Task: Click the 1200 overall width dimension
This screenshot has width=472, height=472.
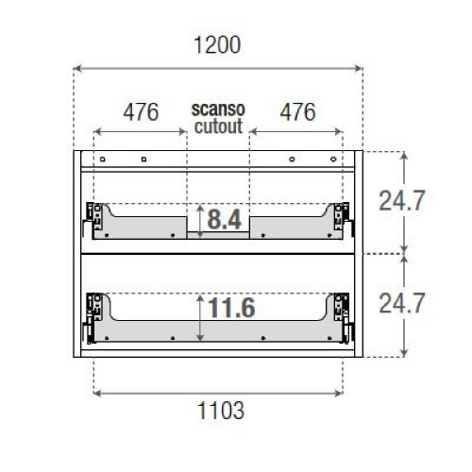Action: pos(218,44)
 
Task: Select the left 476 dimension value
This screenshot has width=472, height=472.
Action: pos(140,112)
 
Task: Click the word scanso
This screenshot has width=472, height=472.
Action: pos(218,109)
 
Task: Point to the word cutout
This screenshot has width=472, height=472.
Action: pos(218,125)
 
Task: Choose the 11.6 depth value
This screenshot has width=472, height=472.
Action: pos(231,309)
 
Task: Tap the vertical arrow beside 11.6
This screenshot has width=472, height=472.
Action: pos(201,316)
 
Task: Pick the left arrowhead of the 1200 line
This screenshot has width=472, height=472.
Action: pos(78,67)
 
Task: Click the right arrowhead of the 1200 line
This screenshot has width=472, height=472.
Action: pos(359,67)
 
